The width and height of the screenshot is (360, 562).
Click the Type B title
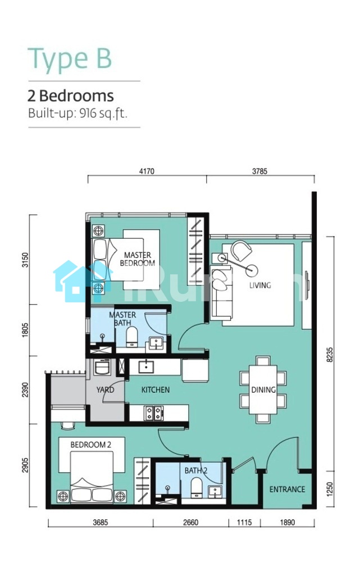pyautogui.click(x=70, y=59)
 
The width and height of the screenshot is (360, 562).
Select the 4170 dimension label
pyautogui.click(x=147, y=171)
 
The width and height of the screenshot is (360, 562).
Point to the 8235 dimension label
pyautogui.click(x=330, y=354)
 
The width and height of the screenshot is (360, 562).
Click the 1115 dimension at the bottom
pyautogui.click(x=244, y=522)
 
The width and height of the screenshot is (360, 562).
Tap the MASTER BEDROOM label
pyautogui.click(x=138, y=259)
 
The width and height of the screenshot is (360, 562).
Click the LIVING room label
pyautogui.click(x=260, y=285)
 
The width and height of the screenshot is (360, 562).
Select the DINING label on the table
pyautogui.click(x=263, y=389)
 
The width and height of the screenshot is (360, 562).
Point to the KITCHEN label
pyautogui.click(x=156, y=389)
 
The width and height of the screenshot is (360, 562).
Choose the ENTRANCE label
pyautogui.click(x=288, y=490)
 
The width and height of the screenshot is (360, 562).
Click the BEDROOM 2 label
pyautogui.click(x=90, y=445)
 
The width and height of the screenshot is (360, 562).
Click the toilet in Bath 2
pyautogui.click(x=197, y=488)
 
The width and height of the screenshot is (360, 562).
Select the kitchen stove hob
pyautogui.click(x=154, y=413)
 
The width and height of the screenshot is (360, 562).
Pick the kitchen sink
pyautogui.click(x=146, y=366)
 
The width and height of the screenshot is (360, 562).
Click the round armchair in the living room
pyautogui.click(x=241, y=251)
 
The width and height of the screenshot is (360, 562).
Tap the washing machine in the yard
pyautogui.click(x=102, y=367)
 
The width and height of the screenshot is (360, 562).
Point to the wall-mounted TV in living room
pyautogui.click(x=307, y=285)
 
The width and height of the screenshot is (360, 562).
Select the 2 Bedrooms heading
pyautogui.click(x=71, y=96)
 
